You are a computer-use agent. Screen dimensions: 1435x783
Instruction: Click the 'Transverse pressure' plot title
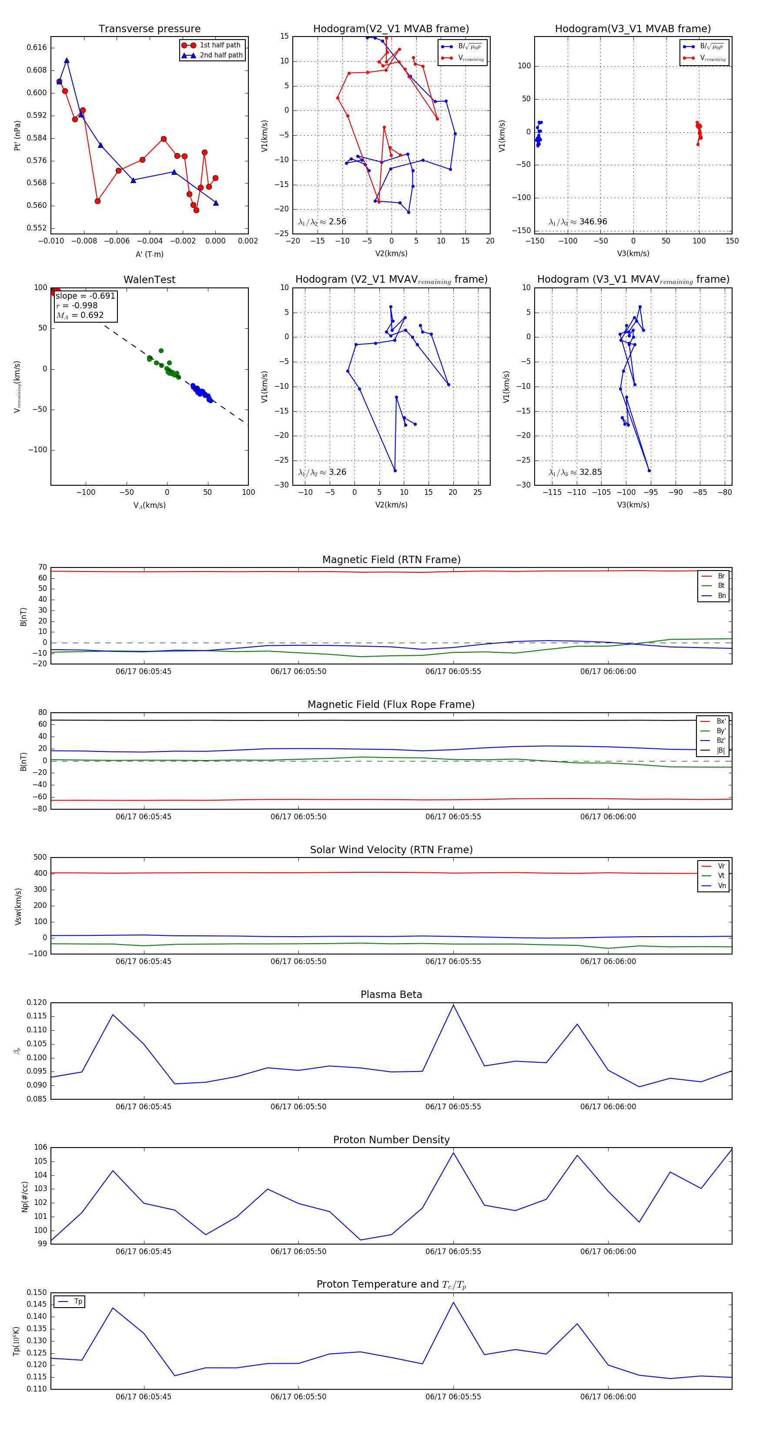[149, 29]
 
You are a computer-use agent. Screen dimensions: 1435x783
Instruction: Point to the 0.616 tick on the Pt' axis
[37, 48]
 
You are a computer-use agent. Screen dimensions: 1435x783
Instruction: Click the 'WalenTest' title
[149, 280]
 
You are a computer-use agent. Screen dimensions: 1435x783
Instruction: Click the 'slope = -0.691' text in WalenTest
[85, 296]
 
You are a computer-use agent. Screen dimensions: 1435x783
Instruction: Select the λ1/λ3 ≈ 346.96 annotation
[578, 222]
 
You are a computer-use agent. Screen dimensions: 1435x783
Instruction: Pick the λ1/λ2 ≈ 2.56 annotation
[322, 222]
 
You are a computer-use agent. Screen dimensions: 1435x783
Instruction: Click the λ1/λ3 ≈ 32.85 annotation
[575, 472]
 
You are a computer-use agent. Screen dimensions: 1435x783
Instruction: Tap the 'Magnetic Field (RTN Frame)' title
[391, 560]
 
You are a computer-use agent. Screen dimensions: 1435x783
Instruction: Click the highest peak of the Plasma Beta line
[453, 1005]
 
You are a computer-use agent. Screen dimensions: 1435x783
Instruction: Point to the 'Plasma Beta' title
[391, 995]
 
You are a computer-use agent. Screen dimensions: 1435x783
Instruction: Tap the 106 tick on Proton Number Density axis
[40, 1148]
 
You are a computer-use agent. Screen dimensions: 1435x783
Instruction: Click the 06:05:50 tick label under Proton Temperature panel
[298, 1397]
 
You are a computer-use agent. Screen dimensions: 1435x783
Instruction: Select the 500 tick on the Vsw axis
[40, 858]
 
